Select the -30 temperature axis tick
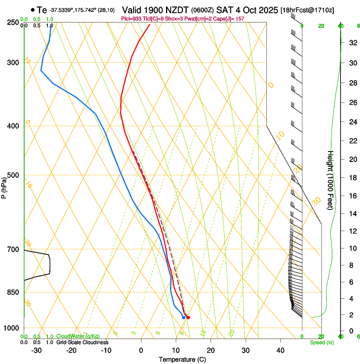click(36, 350)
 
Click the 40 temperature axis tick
click(280, 350)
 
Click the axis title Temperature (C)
click(182, 359)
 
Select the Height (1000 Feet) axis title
click(331, 180)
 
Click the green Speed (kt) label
click(321, 342)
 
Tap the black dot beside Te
click(33, 10)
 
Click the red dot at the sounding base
click(188, 317)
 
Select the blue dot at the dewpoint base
click(183, 317)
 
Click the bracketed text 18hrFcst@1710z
click(307, 10)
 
